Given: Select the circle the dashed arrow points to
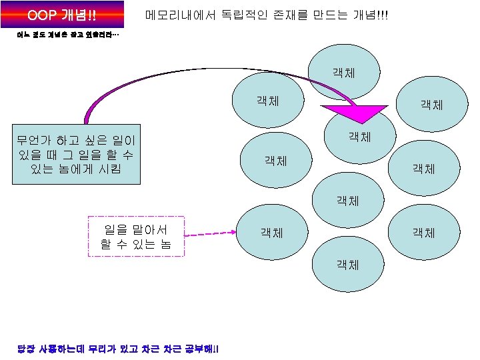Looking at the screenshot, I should [272, 233].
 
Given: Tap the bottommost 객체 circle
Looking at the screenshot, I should [348, 264].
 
